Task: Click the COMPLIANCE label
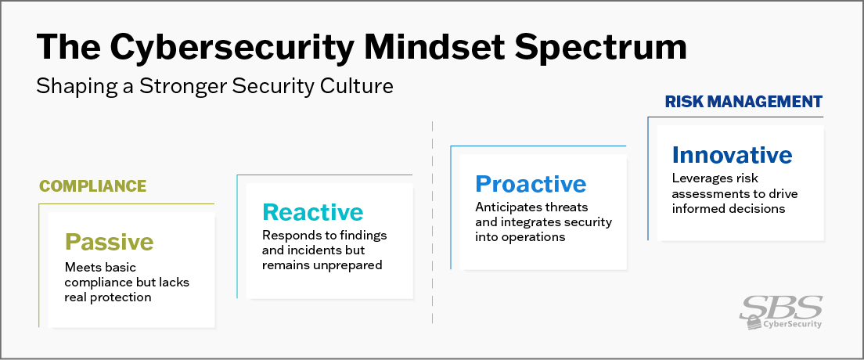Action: click(x=93, y=186)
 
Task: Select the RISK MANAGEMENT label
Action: click(x=743, y=102)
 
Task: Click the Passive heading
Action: click(x=109, y=241)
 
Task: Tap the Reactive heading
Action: click(x=313, y=212)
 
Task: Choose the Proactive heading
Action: click(x=531, y=184)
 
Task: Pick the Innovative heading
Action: click(x=732, y=154)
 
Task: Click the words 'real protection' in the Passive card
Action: click(x=107, y=297)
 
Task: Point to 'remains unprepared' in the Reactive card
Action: click(x=322, y=265)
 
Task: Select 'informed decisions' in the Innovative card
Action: click(x=728, y=208)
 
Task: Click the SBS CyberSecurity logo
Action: click(x=780, y=311)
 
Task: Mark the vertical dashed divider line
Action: click(x=432, y=227)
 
